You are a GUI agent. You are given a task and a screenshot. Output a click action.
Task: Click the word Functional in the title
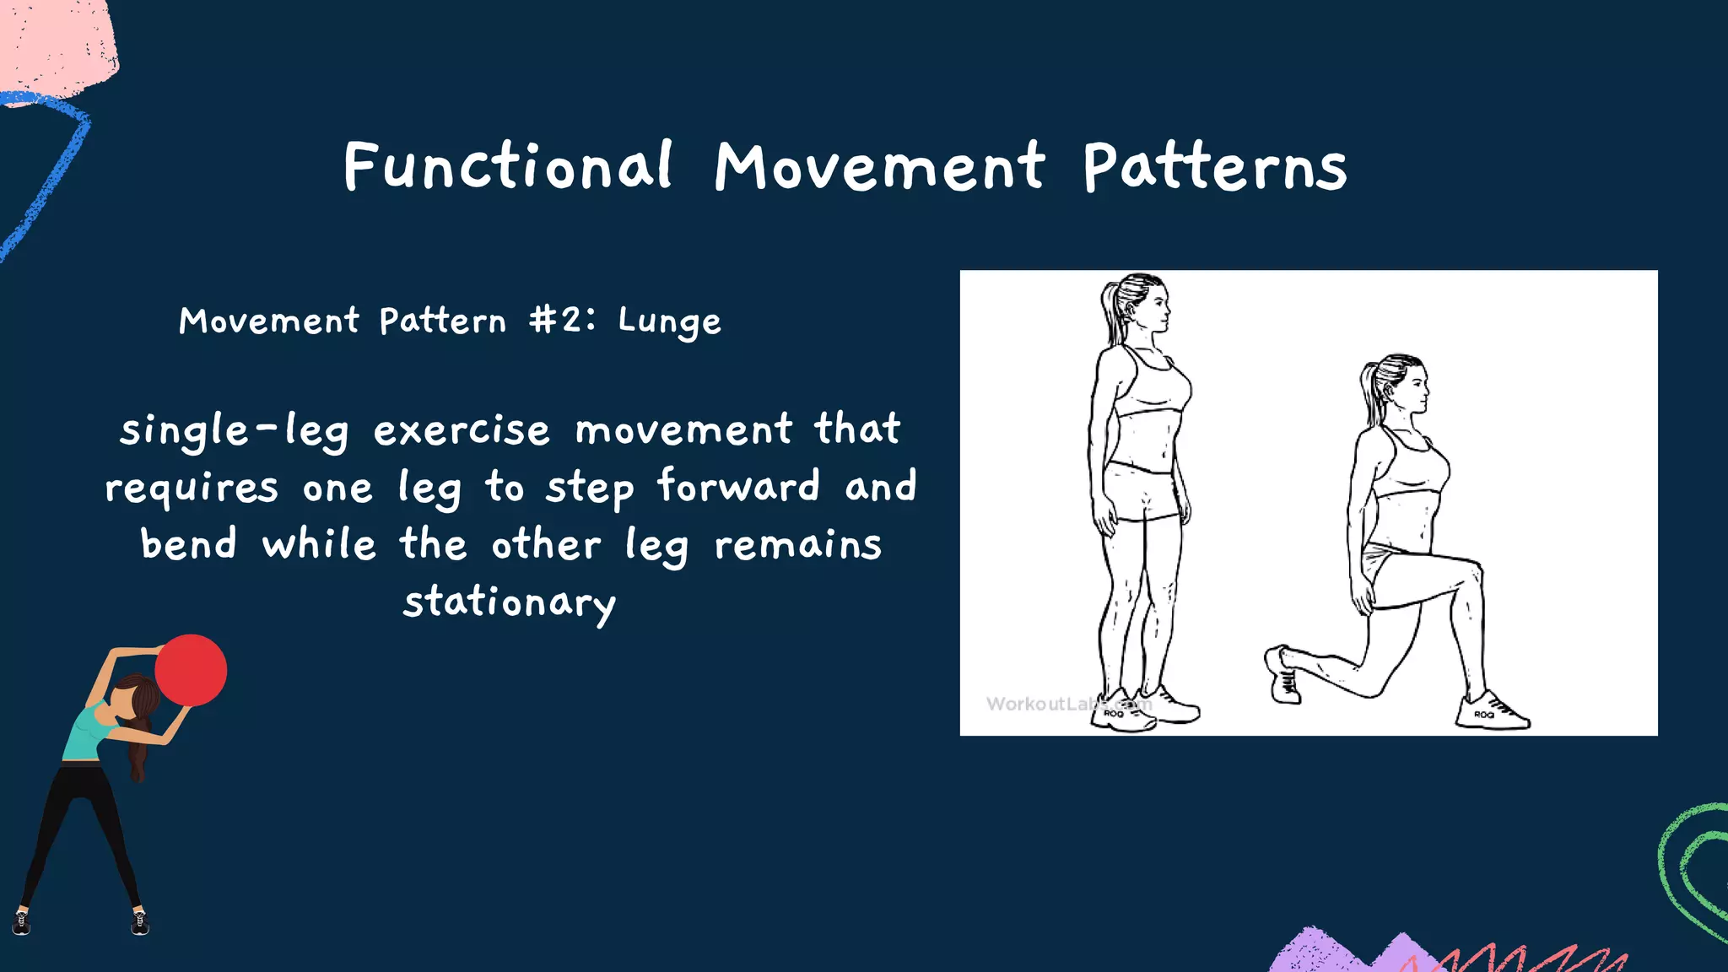click(507, 166)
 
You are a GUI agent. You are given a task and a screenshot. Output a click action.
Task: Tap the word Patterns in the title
click(1214, 168)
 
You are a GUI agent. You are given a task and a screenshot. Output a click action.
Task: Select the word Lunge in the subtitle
click(669, 321)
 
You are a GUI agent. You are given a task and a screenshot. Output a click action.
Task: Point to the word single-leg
click(234, 431)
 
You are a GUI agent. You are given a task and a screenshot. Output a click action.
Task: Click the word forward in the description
click(738, 487)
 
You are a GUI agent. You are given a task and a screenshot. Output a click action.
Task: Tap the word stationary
click(510, 602)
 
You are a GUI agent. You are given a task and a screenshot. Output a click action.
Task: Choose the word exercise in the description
click(462, 431)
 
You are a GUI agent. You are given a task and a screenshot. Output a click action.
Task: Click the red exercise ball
click(192, 670)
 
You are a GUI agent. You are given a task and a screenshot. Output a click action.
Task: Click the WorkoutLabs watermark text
click(1067, 704)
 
